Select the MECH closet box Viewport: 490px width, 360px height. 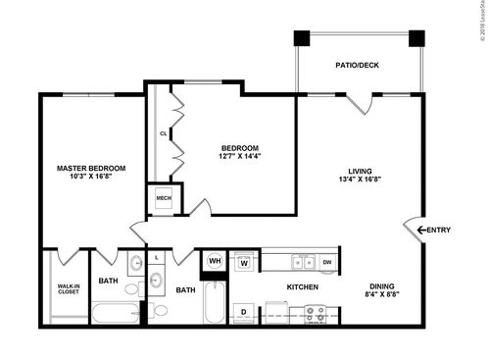coord(164,198)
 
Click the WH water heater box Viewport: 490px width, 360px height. coord(215,261)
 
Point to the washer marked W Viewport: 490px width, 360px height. coord(243,262)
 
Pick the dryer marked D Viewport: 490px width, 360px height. coord(243,313)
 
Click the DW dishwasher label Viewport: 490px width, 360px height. coord(326,262)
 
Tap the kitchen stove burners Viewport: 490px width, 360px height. coord(315,313)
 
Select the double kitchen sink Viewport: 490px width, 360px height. coord(303,262)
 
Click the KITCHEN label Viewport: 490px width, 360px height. coord(301,288)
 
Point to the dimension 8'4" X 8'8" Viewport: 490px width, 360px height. coord(381,293)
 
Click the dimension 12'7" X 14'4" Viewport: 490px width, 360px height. coord(239,155)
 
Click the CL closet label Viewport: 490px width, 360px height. coord(164,132)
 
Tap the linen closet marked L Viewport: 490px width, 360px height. coord(157,258)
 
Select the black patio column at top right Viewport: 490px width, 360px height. coord(416,39)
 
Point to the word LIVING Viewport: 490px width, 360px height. coord(360,169)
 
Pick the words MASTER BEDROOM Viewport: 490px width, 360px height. coord(90,169)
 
